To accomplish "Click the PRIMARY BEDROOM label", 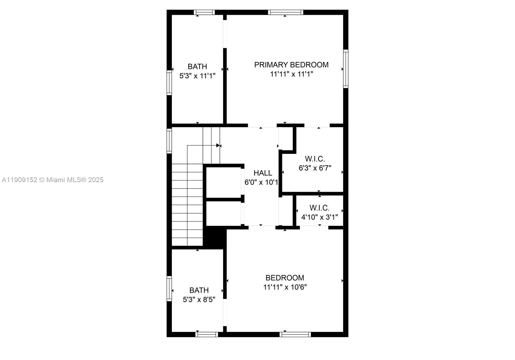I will pyautogui.click(x=291, y=65).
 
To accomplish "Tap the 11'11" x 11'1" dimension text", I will pyautogui.click(x=291, y=74).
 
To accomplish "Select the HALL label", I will pyautogui.click(x=263, y=173).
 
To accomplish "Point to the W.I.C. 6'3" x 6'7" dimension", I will pyautogui.click(x=315, y=168).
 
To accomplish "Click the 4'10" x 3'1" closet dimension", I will pyautogui.click(x=319, y=217).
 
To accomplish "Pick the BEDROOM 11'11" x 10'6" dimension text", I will pyautogui.click(x=285, y=287).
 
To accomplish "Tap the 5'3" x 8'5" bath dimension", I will pyautogui.click(x=199, y=300).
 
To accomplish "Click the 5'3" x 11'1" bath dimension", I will pyautogui.click(x=197, y=76).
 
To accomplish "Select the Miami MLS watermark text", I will pyautogui.click(x=53, y=180).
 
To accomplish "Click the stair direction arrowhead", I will pyautogui.click(x=218, y=145).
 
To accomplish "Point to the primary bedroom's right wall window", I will pyautogui.click(x=346, y=69).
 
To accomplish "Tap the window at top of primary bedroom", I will pyautogui.click(x=286, y=13).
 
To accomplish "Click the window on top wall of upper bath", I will pyautogui.click(x=204, y=13).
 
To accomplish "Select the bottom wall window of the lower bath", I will pyautogui.click(x=207, y=335).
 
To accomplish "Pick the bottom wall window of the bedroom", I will pyautogui.click(x=295, y=335).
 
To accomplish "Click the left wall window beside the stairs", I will pyautogui.click(x=169, y=141).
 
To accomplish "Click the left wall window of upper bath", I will pyautogui.click(x=169, y=82).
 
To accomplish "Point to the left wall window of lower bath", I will pyautogui.click(x=169, y=289).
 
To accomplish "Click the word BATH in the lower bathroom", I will pyautogui.click(x=199, y=290).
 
